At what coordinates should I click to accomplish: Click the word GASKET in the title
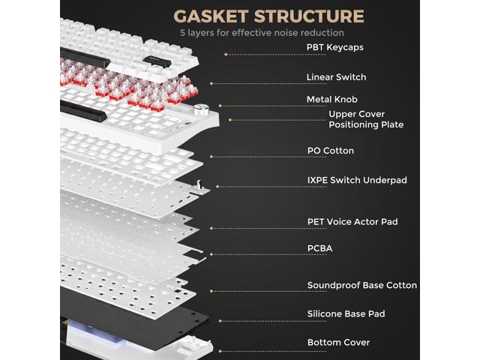click(211, 16)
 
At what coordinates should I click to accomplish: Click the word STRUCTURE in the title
click(309, 16)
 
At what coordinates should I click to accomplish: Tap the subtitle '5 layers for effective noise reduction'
click(262, 33)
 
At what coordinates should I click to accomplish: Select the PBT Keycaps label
click(335, 47)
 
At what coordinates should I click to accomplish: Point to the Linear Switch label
click(336, 77)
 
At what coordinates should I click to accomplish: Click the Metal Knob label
click(331, 100)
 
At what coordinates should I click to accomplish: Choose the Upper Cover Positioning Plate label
click(366, 119)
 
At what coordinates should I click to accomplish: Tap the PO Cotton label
click(330, 151)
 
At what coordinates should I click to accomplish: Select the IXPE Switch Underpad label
click(357, 180)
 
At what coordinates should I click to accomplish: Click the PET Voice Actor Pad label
click(352, 222)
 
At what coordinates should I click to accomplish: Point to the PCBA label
click(319, 248)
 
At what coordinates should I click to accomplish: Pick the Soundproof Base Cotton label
click(361, 285)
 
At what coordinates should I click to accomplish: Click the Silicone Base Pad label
click(346, 313)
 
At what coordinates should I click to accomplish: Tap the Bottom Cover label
click(338, 342)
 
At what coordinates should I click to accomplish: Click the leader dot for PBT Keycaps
click(226, 55)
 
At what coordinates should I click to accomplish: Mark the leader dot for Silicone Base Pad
click(220, 321)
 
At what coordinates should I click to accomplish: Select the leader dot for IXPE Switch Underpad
click(217, 187)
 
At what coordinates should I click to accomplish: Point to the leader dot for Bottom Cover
click(220, 351)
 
